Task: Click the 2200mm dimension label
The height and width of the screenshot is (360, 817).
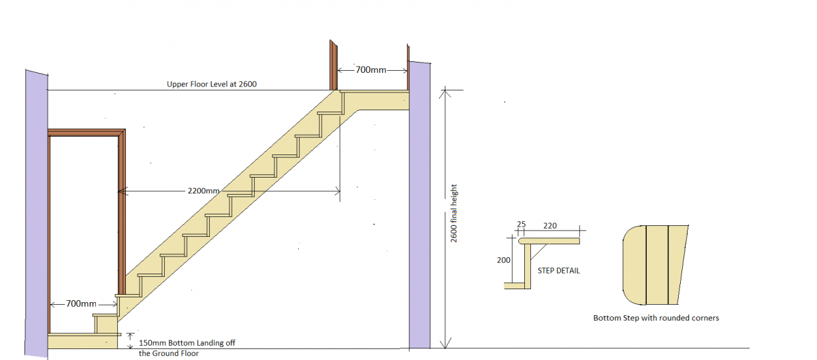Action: click(x=203, y=191)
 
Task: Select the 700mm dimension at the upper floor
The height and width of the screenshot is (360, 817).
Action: click(x=371, y=69)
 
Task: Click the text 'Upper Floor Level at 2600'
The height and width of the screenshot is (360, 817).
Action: click(x=212, y=85)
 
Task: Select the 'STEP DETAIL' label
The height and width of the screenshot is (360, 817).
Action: click(x=558, y=270)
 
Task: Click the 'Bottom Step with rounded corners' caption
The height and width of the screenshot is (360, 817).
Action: click(x=656, y=318)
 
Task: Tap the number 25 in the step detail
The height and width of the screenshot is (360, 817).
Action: click(x=522, y=224)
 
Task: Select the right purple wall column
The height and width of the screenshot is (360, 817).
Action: click(x=420, y=204)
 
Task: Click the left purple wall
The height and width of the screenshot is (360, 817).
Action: click(x=36, y=211)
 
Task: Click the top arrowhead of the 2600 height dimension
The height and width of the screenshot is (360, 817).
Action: click(x=445, y=93)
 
